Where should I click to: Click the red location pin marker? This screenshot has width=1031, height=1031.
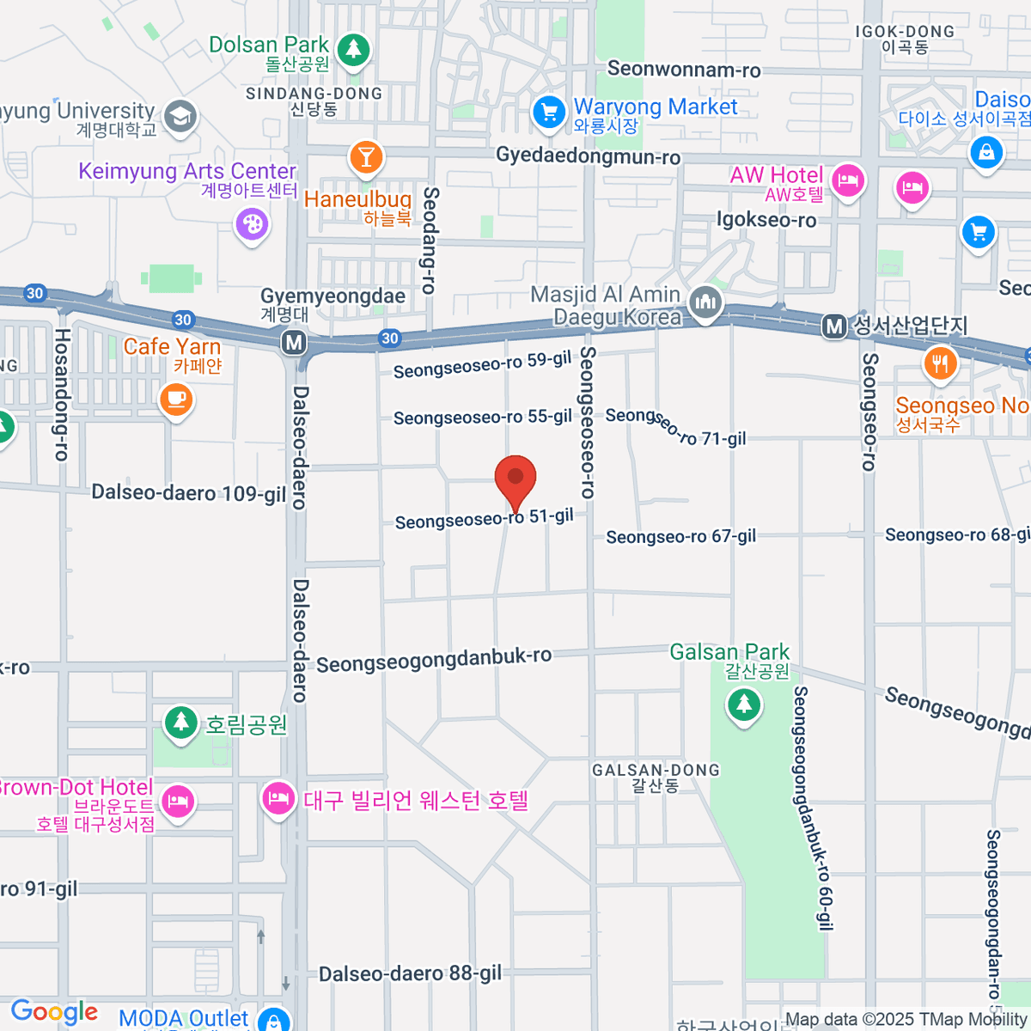tap(515, 478)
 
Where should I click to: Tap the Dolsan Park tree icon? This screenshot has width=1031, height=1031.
tap(352, 49)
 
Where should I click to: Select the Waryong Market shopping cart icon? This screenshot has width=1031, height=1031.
tap(548, 111)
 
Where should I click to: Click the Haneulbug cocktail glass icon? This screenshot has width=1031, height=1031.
tap(366, 157)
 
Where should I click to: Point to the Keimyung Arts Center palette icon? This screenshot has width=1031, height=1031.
tap(252, 225)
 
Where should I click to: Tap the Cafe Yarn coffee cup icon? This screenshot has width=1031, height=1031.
tap(176, 399)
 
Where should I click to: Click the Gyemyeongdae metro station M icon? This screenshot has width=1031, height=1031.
tap(294, 343)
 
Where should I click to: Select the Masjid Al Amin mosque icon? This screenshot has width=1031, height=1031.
tap(705, 302)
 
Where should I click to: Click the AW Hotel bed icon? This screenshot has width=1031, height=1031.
tap(848, 181)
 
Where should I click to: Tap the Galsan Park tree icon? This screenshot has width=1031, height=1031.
tap(743, 705)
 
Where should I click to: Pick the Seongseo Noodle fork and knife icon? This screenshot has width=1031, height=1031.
tap(941, 363)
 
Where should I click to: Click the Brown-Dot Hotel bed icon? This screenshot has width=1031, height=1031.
tap(178, 802)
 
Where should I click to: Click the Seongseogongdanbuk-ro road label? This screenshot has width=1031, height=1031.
tap(434, 660)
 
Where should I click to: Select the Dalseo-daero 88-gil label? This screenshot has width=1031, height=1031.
tap(410, 973)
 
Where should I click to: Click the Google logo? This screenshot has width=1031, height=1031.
tap(54, 1012)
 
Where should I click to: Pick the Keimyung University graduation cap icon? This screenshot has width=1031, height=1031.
tap(180, 117)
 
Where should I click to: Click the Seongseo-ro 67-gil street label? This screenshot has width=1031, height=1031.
tap(680, 537)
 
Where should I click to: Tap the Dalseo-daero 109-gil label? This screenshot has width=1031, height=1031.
tap(189, 493)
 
